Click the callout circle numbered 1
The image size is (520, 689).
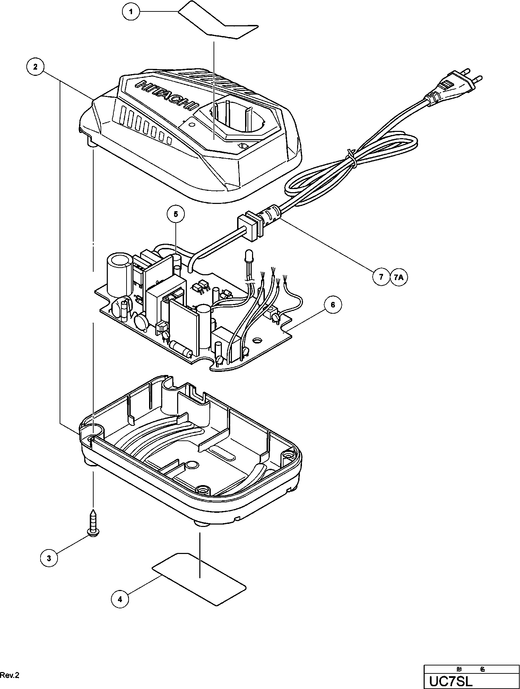(131, 12)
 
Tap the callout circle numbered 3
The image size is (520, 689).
(49, 558)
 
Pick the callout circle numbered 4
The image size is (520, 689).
(120, 599)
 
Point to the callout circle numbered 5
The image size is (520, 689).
(176, 214)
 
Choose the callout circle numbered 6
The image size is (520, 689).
(333, 305)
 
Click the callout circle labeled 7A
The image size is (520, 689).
(399, 277)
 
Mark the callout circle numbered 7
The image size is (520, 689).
(381, 277)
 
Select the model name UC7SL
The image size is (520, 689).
(451, 682)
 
